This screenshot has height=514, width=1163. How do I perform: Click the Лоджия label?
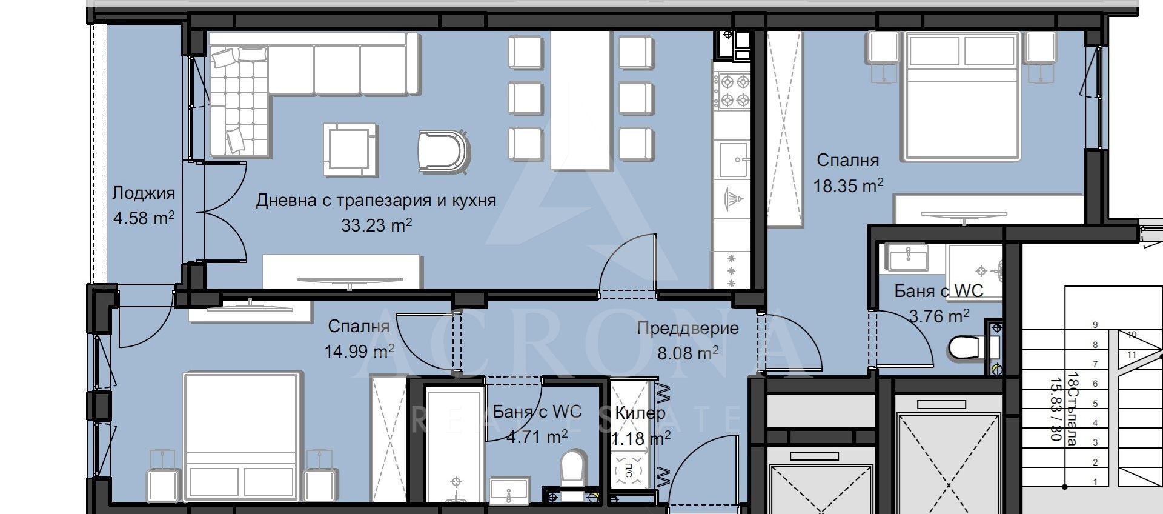tap(144, 193)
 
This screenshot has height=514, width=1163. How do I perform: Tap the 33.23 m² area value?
tap(376, 225)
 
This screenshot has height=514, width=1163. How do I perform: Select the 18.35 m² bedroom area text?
tap(847, 185)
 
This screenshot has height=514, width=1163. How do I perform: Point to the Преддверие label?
tap(688, 329)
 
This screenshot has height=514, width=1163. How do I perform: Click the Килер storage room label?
tap(640, 413)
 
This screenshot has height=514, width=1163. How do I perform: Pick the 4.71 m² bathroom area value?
tap(529, 436)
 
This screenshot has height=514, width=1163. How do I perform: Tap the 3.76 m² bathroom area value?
tap(939, 316)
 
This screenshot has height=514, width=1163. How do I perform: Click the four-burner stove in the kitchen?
tap(732, 90)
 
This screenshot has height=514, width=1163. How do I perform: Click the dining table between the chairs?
tap(580, 100)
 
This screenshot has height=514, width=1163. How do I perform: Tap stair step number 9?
tap(1095, 325)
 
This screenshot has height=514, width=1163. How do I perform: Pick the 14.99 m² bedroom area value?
tap(359, 352)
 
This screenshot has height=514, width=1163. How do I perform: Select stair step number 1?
tap(1095, 482)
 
